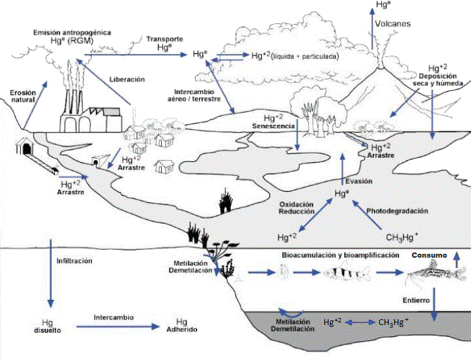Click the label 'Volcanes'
(x=393, y=24)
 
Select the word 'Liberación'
(x=127, y=79)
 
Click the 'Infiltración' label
(x=75, y=261)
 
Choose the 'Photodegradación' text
(x=397, y=211)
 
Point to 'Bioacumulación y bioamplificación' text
(x=340, y=256)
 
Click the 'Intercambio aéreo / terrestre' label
(x=198, y=95)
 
